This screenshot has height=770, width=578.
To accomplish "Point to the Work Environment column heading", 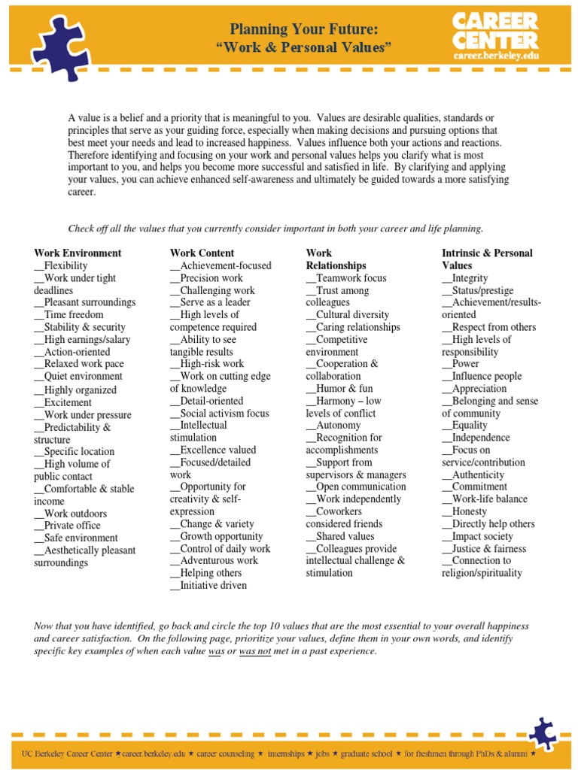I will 78,253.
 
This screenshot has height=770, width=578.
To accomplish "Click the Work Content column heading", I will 202,253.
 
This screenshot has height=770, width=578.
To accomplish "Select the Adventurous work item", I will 214,560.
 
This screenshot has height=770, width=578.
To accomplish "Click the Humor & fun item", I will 339,389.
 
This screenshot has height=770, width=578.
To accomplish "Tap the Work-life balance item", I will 485,499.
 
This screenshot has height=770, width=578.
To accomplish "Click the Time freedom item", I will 69,315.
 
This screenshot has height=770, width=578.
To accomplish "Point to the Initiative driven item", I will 208,585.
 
